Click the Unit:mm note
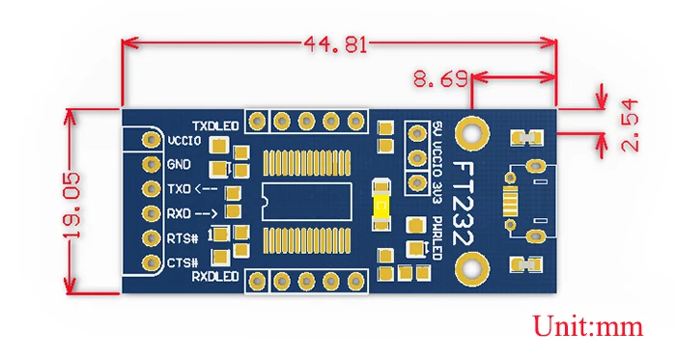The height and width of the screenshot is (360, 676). coord(589,326)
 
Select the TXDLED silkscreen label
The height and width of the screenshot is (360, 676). coord(215,125)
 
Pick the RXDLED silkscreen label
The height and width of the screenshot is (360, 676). coord(214,277)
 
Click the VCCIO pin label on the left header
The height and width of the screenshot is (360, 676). coord(183,141)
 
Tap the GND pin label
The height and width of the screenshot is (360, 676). coord(180,164)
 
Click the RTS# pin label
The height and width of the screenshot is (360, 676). coord(183,237)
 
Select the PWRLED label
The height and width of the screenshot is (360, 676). coord(437,238)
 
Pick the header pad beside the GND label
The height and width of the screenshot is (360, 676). coord(151,164)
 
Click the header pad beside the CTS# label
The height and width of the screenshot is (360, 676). coord(151,262)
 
